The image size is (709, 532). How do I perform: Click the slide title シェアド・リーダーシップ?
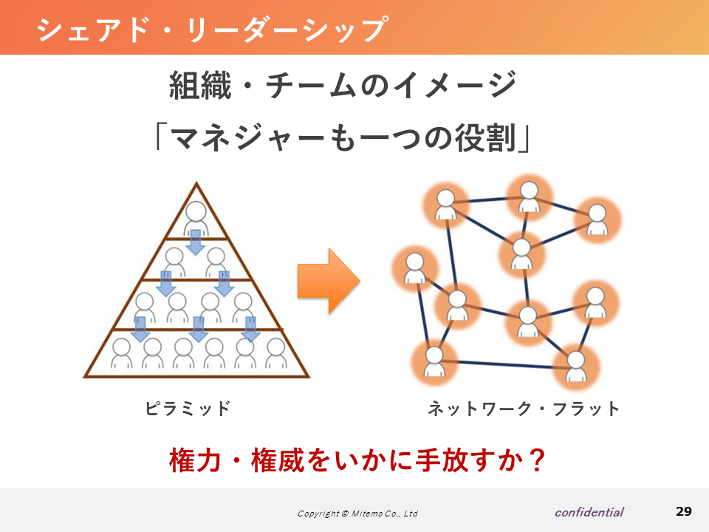tap(212, 30)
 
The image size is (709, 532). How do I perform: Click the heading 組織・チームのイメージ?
tap(343, 85)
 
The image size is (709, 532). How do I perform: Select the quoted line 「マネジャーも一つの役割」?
tap(343, 137)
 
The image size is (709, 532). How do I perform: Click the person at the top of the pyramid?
tap(196, 218)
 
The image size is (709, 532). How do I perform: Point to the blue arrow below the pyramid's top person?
tap(195, 242)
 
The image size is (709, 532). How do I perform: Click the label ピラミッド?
tap(188, 409)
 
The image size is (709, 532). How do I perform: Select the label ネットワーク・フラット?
tap(524, 409)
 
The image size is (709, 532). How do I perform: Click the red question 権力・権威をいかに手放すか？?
tap(357, 460)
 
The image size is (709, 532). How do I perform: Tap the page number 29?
tap(684, 511)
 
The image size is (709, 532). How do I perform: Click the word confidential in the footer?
tap(589, 512)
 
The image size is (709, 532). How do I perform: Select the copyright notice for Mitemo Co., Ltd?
tap(357, 514)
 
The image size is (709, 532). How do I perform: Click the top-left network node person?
tap(446, 205)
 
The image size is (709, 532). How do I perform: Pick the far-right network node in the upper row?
tap(597, 220)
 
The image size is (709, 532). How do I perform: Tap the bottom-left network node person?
tap(434, 362)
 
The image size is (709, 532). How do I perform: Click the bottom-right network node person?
tap(575, 367)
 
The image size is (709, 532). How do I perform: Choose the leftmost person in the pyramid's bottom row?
tap(121, 353)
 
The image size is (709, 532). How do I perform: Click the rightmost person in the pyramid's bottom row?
tap(275, 353)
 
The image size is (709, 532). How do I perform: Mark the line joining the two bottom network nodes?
tap(505, 364)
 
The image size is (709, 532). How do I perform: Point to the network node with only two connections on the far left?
tap(414, 268)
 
